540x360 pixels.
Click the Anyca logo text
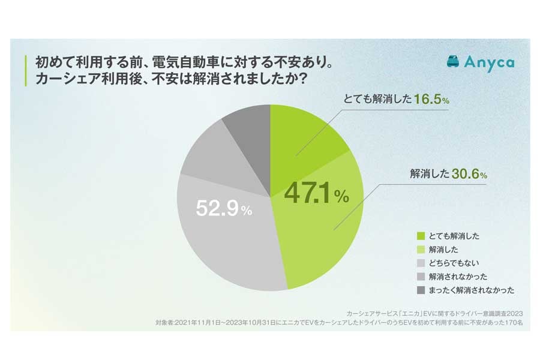[489, 62]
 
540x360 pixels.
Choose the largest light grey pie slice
[228, 240]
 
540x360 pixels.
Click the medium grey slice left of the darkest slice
[207, 159]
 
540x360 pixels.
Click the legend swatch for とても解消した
[419, 236]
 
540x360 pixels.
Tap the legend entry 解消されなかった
[455, 277]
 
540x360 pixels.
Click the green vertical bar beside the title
[25, 70]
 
